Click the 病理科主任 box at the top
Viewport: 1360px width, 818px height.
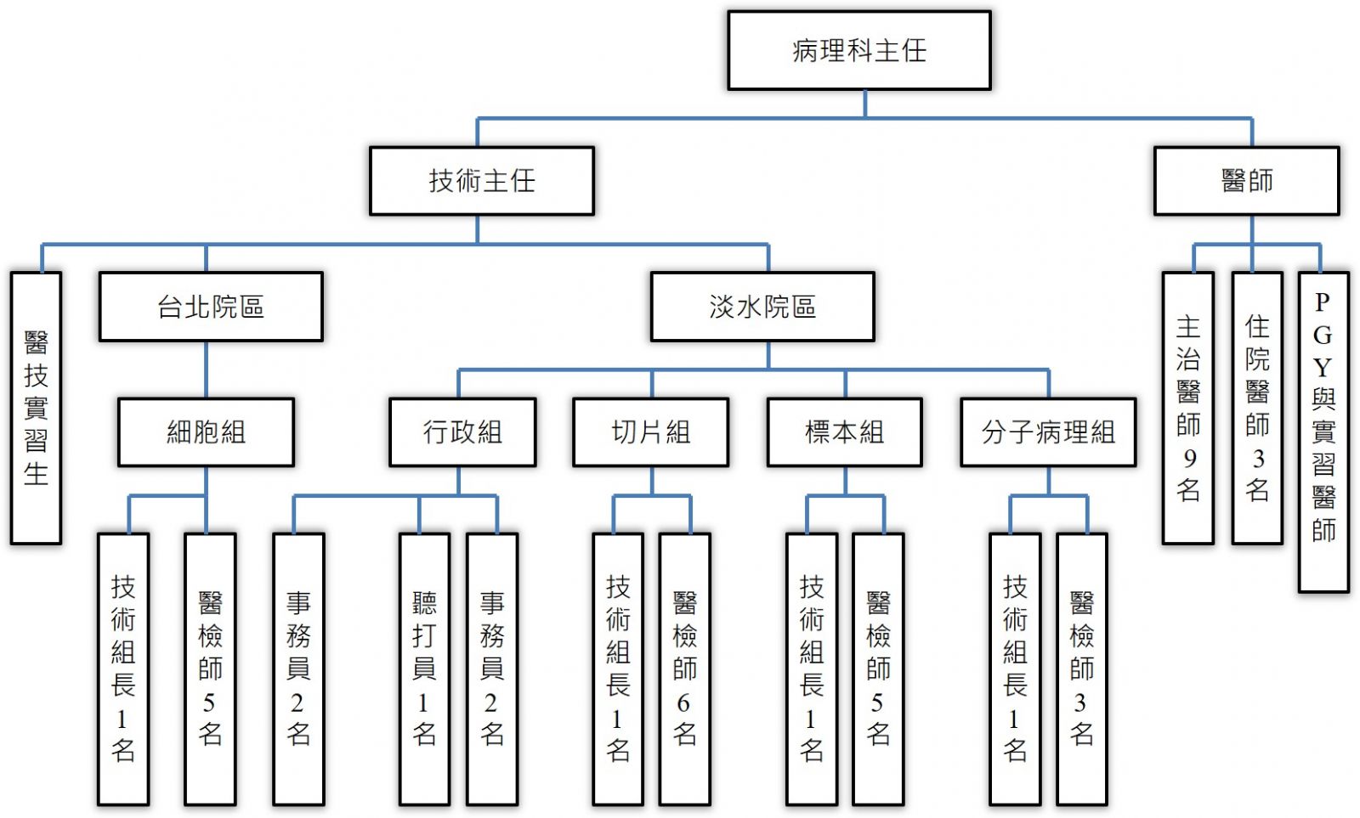(858, 51)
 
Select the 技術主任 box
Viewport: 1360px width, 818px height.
(481, 181)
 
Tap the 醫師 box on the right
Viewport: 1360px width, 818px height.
(1246, 181)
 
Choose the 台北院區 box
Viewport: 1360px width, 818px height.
(211, 307)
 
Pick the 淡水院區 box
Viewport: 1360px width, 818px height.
(762, 307)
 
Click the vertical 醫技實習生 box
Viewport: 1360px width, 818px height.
(36, 408)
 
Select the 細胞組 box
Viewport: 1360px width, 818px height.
(206, 432)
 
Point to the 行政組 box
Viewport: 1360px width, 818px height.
(462, 432)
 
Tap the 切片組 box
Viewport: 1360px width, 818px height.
(650, 432)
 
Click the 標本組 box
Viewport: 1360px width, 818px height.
(844, 432)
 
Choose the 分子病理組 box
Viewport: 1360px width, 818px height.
(1048, 432)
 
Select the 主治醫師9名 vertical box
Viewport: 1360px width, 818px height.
(1187, 408)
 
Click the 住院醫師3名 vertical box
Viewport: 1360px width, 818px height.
(1257, 408)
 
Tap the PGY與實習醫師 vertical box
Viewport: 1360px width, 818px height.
(1323, 432)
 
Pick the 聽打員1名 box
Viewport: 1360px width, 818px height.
(424, 669)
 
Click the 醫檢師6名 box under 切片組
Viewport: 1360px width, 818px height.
(684, 669)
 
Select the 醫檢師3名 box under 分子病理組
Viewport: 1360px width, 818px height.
(1081, 669)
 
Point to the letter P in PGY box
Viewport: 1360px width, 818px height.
(1322, 302)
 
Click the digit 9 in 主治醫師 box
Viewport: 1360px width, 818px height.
(1189, 459)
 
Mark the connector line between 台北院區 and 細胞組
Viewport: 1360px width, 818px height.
(206, 370)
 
